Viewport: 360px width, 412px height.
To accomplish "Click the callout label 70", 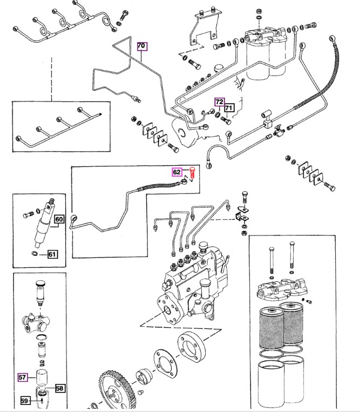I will tap(141, 46).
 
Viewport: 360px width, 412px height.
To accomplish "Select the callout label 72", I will tap(219, 102).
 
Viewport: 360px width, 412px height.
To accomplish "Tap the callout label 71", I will tap(228, 108).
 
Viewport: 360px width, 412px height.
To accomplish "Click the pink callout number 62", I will tap(177, 172).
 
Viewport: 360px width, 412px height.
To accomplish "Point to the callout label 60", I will tap(59, 219).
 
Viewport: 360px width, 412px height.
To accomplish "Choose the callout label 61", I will tap(52, 253).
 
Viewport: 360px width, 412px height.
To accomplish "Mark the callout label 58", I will tap(59, 387).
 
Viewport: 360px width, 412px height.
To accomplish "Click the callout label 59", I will tap(25, 401).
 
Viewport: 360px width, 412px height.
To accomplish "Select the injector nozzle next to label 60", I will tap(43, 223).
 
